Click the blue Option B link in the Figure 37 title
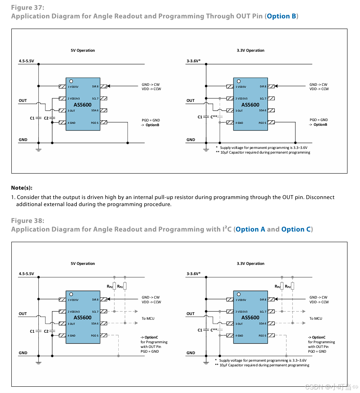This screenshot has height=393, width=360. (x=281, y=16)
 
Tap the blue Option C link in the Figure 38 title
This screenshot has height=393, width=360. (x=296, y=229)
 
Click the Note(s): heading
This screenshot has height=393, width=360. (x=22, y=188)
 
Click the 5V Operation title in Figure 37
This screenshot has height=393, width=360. (x=83, y=51)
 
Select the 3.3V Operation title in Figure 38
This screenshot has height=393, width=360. (x=250, y=264)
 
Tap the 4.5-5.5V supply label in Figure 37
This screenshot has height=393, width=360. (x=26, y=61)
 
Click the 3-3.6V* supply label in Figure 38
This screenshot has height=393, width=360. (x=194, y=274)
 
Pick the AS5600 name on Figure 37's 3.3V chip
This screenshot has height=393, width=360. (x=250, y=105)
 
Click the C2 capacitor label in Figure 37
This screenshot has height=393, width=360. (x=46, y=118)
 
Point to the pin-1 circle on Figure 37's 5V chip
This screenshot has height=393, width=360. (x=71, y=81)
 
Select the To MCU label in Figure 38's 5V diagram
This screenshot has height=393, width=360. (x=148, y=319)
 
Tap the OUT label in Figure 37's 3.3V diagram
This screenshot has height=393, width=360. (x=190, y=101)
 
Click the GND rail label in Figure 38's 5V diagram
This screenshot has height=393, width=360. (x=23, y=353)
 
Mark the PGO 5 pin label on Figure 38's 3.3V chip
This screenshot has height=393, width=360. (x=262, y=336)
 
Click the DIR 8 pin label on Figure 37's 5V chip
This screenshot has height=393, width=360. (x=95, y=87)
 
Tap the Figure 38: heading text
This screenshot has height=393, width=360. (x=27, y=221)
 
